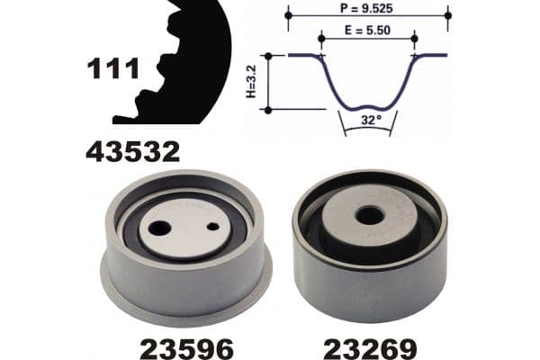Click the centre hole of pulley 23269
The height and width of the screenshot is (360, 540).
click(369, 217)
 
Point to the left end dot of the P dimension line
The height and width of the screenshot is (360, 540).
click(288, 15)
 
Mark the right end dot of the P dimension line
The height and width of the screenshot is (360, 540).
click(448, 15)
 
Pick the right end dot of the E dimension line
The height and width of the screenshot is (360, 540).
click(414, 39)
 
